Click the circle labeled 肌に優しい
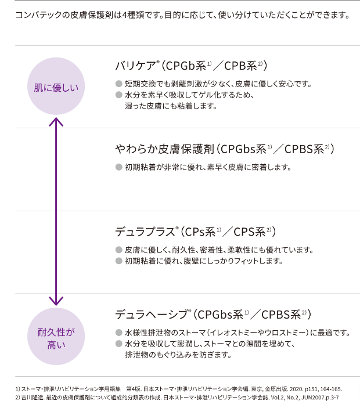56,88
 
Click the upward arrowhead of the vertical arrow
56,122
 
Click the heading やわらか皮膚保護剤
165,149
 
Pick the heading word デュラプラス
145,232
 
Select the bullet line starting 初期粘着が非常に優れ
207,167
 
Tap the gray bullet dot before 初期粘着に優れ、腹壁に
118,261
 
